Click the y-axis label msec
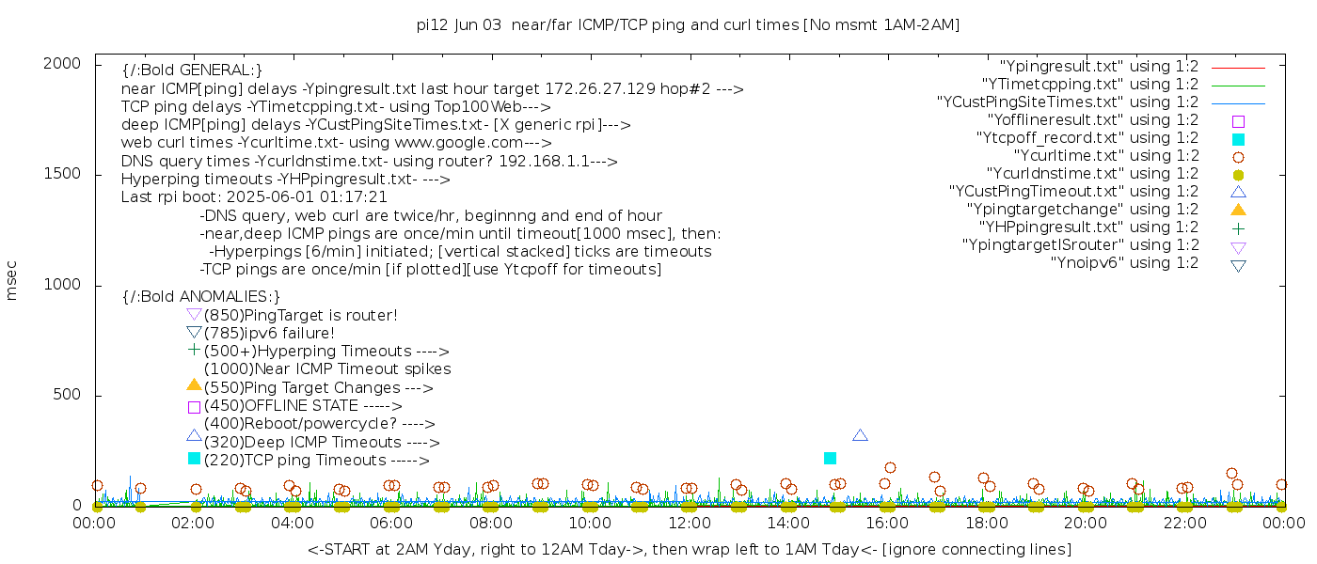click(12, 280)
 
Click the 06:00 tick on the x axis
click(391, 524)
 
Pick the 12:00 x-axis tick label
click(689, 524)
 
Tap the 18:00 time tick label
click(986, 524)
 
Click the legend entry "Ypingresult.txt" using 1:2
click(1099, 67)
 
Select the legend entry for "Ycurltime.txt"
click(1106, 156)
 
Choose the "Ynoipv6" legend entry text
click(1124, 263)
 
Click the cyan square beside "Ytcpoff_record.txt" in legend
click(1238, 139)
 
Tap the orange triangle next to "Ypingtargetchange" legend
click(1238, 210)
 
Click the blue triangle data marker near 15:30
click(860, 435)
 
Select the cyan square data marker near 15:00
click(830, 458)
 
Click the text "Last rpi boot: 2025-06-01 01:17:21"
click(254, 197)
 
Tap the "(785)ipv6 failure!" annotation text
click(269, 334)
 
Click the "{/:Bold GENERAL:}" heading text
click(192, 70)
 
